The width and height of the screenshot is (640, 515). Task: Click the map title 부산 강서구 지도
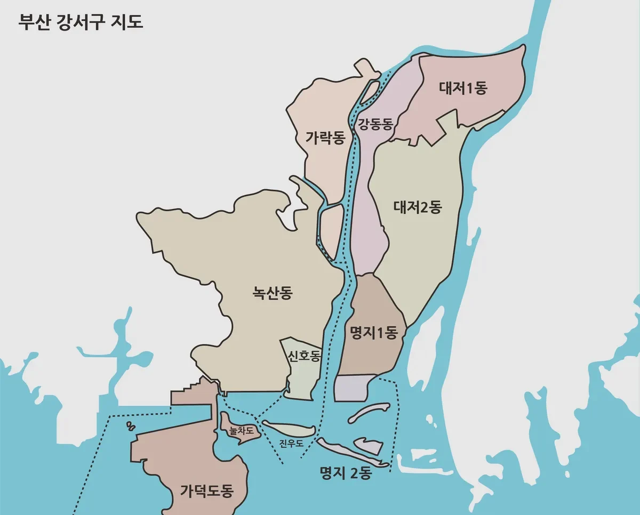coord(81,23)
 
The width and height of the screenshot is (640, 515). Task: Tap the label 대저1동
coord(463,88)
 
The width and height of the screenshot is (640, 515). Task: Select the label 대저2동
coord(418,207)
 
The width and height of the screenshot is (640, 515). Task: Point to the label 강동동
coord(375,125)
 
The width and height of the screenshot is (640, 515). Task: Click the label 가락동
coord(325,138)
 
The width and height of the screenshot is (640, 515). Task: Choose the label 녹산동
coord(273,293)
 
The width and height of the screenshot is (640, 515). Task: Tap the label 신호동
coord(303,356)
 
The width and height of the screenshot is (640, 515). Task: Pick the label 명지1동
coord(374,334)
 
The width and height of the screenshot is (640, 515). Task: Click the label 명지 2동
coord(345,472)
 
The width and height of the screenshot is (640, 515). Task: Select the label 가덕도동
coord(206,490)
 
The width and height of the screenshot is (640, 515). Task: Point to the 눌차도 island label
coord(241,430)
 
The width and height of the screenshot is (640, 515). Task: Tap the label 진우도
coord(291,443)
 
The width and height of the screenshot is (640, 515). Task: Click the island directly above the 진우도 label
coord(289,428)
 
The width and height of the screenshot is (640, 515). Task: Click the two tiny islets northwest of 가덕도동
coord(130,427)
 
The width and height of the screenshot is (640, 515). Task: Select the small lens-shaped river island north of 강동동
coord(372,90)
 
